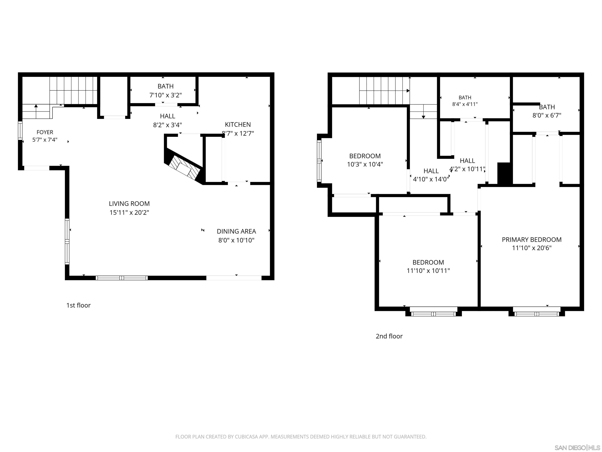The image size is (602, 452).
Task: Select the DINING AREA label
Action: click(236, 231)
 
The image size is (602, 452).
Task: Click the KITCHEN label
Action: click(238, 125)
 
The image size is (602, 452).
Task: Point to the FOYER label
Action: click(45, 132)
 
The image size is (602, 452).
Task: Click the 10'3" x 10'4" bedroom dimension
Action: click(365, 164)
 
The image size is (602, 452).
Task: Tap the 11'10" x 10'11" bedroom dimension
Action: click(428, 271)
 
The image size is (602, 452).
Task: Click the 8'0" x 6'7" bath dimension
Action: click(547, 115)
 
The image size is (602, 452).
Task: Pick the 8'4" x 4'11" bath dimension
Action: click(465, 104)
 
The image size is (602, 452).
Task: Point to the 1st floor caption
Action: click(78, 305)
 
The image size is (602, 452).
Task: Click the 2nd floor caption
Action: click(389, 336)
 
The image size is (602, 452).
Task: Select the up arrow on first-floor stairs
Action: click(36, 111)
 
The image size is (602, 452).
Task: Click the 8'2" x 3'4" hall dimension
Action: click(167, 125)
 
